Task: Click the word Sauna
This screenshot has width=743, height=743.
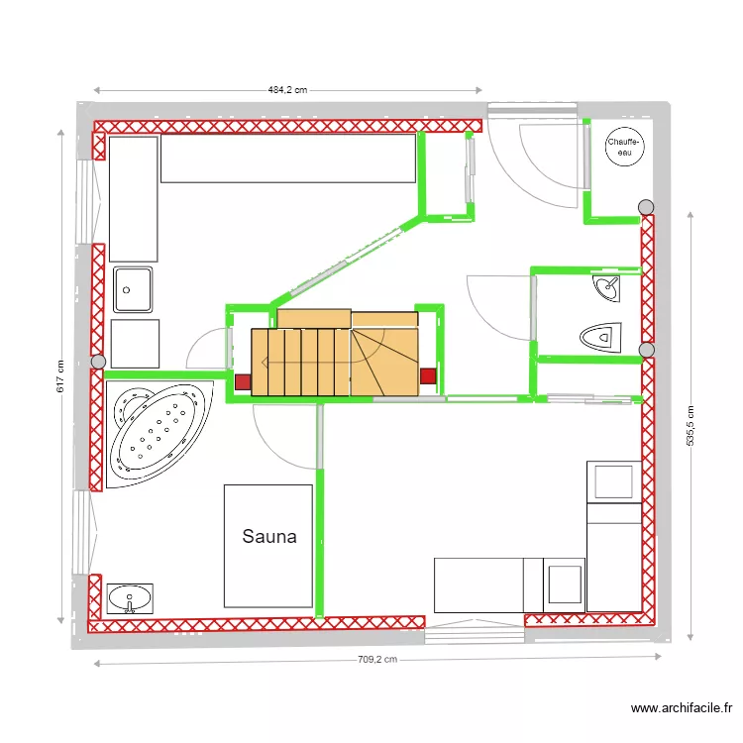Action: point(269,537)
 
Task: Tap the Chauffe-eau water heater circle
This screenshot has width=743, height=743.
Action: point(624,148)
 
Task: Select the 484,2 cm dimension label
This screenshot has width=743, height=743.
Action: point(287,89)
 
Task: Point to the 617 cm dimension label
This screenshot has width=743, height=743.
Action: point(60,373)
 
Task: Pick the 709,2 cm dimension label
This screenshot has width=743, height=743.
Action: point(376,660)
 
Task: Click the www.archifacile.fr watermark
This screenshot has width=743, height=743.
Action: point(682,708)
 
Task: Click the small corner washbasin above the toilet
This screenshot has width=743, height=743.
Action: point(607,289)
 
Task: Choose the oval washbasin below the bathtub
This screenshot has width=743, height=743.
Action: point(130,599)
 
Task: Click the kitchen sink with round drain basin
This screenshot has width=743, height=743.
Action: point(133,289)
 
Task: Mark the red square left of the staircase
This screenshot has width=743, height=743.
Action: point(243,381)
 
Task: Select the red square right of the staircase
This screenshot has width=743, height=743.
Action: point(429,375)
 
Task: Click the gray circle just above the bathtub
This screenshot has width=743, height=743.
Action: point(97,363)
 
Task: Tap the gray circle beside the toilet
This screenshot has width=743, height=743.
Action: point(647,350)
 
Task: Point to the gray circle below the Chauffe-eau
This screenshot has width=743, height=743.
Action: point(646,207)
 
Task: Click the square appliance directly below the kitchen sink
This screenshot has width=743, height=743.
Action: point(135,343)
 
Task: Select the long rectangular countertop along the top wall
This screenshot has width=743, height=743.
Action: point(287,159)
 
